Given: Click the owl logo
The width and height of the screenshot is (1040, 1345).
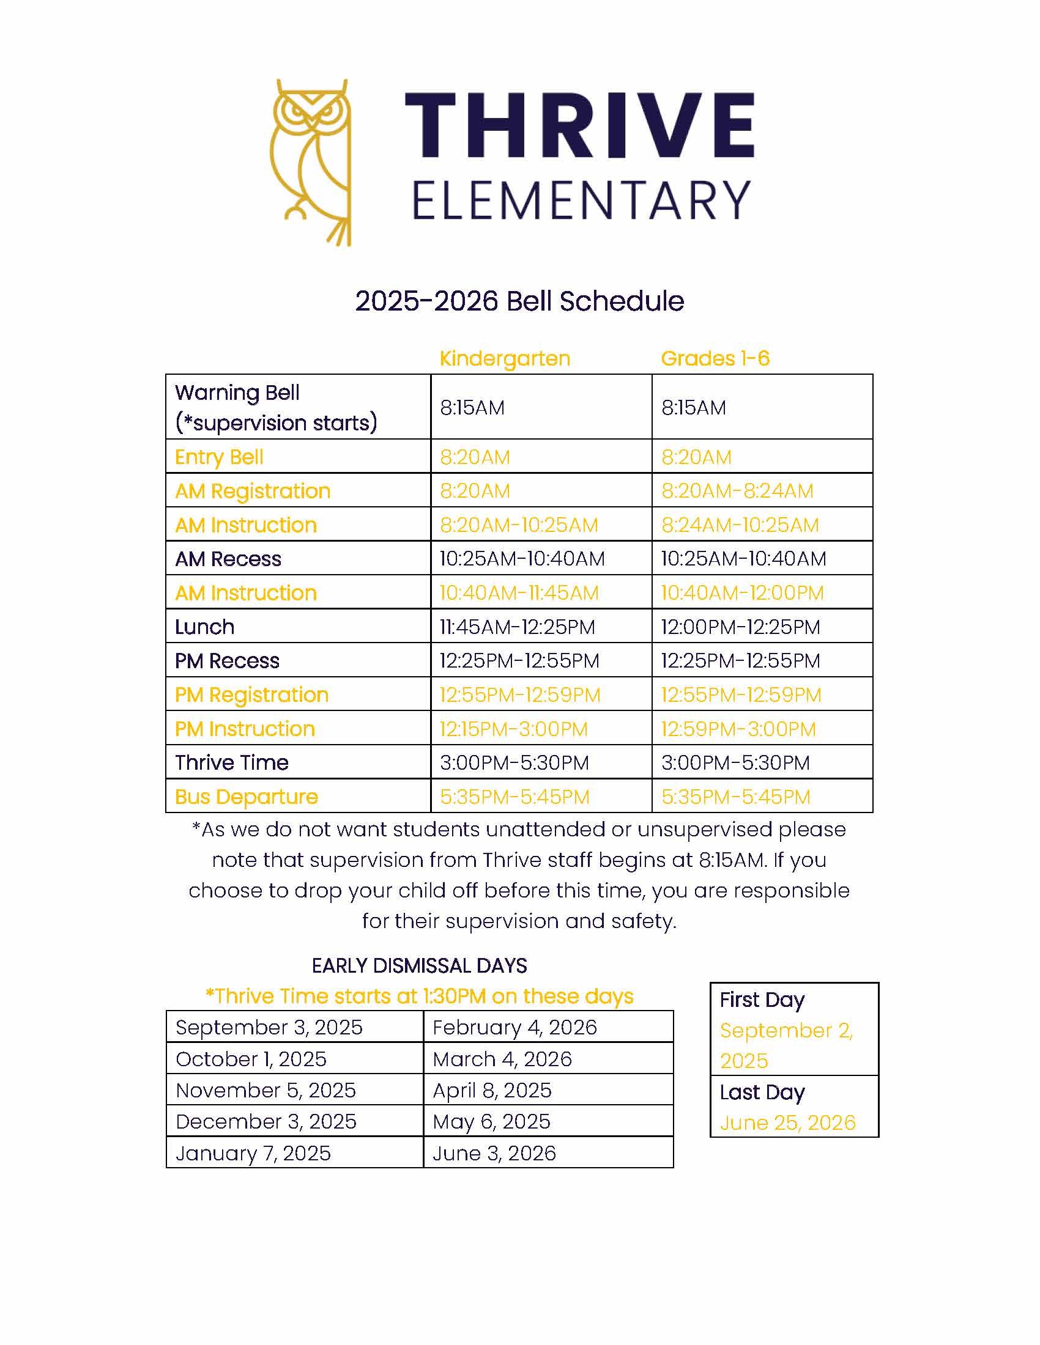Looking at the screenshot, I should [311, 162].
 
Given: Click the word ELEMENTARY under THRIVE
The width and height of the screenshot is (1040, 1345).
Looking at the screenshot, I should [581, 200].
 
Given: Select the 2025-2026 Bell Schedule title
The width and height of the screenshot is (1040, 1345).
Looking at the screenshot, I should [519, 301].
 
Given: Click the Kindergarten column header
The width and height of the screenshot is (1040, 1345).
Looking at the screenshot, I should [505, 358].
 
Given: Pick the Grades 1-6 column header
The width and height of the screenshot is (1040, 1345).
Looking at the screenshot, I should [715, 358].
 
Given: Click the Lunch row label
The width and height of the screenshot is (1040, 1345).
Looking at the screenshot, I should [204, 627].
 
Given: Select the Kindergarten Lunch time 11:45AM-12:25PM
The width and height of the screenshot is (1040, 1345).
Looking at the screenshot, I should [518, 627].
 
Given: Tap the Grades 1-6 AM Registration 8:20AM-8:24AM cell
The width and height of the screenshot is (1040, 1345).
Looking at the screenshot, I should [737, 491].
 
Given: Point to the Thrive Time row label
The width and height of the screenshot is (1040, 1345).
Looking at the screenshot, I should [232, 762].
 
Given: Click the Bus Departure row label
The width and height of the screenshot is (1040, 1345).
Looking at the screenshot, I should [247, 797].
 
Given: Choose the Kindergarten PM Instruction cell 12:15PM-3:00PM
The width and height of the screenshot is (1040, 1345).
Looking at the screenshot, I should [514, 729].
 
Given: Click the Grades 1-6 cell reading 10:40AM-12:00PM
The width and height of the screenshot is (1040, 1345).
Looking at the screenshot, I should [742, 593].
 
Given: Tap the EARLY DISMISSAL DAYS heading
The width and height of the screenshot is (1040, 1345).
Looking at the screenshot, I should [419, 965].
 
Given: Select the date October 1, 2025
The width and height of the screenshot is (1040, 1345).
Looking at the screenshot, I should [251, 1059].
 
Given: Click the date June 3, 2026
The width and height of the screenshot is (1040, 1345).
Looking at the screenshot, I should [494, 1153].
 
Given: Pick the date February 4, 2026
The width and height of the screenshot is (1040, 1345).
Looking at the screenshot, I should [514, 1027].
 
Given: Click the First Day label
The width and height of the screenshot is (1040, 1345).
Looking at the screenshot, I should [762, 1000].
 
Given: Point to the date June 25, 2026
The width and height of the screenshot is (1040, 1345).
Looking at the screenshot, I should [787, 1122].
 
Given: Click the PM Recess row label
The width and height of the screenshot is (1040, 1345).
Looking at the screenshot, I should [227, 661].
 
